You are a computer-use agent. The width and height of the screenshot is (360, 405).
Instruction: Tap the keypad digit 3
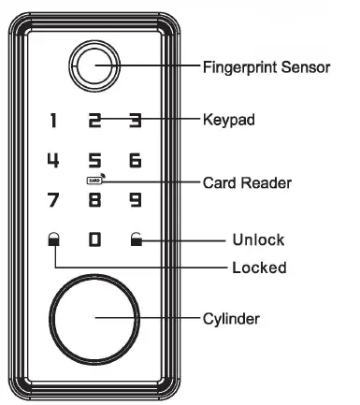[135, 120]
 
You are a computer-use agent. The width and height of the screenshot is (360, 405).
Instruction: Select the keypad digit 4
[53, 160]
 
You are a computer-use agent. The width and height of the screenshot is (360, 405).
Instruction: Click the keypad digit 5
[94, 160]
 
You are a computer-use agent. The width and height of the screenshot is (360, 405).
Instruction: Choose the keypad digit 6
[135, 160]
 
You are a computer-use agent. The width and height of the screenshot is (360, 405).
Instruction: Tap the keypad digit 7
[53, 199]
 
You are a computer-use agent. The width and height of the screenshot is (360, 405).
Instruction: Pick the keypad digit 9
[135, 199]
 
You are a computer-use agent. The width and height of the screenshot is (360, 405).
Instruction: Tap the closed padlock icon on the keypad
[53, 240]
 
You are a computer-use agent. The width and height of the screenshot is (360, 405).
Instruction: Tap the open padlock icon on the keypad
[136, 240]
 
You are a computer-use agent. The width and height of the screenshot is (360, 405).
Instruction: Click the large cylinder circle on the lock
[94, 318]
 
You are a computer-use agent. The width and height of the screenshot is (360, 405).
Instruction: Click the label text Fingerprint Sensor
[266, 66]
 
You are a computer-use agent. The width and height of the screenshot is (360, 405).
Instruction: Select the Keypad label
[229, 120]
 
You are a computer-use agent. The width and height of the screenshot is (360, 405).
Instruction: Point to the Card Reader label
[242, 180]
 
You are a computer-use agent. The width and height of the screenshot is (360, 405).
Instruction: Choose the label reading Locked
[258, 268]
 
